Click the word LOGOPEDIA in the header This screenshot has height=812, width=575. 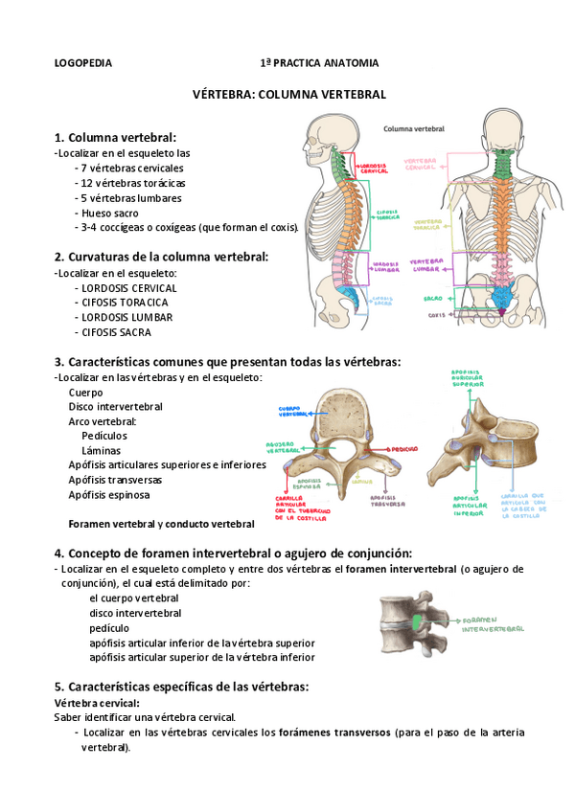pyautogui.click(x=82, y=63)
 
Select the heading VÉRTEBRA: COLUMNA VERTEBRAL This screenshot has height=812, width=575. pyautogui.click(x=289, y=95)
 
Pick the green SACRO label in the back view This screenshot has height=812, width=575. pyautogui.click(x=432, y=299)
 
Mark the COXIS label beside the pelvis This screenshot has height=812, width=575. pyautogui.click(x=437, y=313)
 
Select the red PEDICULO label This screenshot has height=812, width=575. pyautogui.click(x=402, y=447)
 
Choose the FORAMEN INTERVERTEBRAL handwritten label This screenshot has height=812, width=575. pyautogui.click(x=491, y=625)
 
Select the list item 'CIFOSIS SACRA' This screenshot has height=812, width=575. pyautogui.click(x=115, y=332)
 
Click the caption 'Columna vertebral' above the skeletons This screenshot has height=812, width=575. pyautogui.click(x=414, y=126)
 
